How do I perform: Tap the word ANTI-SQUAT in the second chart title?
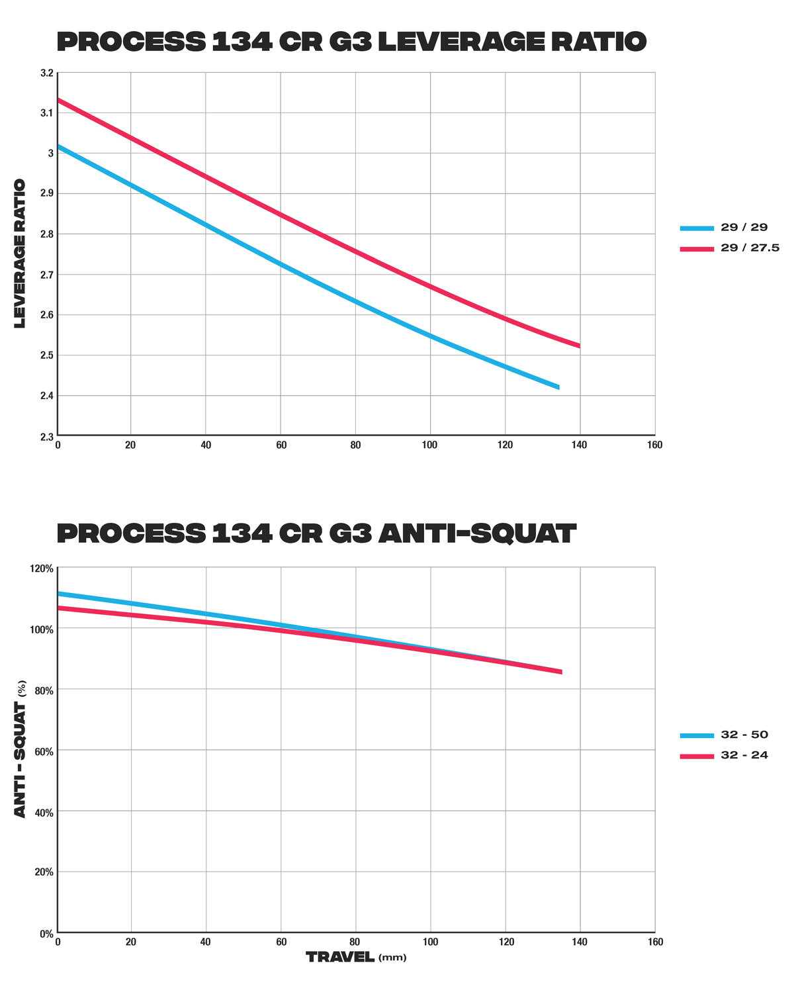pos(476,533)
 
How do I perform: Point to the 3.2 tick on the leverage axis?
pos(46,73)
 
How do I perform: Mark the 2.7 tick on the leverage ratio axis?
pos(46,275)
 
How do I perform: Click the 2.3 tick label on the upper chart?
pos(46,437)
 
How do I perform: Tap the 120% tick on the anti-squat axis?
pos(42,569)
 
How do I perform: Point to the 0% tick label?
pos(46,934)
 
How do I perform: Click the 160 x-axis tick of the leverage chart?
pos(654,445)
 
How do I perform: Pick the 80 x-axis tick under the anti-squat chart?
pos(356,942)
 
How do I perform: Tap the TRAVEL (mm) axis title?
pos(356,957)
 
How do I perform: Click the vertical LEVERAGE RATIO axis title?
pos(20,253)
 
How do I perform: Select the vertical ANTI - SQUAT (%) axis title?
pos(21,749)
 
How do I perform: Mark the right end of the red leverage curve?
pos(579,345)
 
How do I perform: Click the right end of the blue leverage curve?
pos(558,387)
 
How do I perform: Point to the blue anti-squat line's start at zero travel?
pos(60,594)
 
